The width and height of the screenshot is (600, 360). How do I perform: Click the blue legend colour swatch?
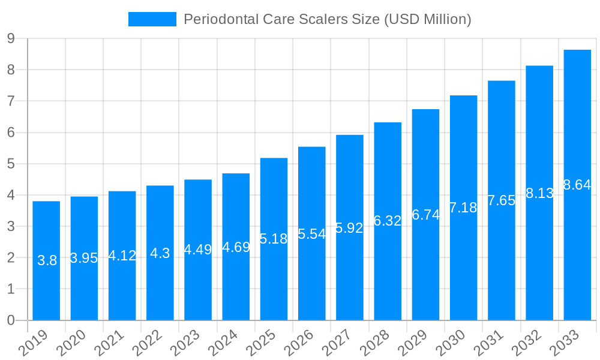click(152, 19)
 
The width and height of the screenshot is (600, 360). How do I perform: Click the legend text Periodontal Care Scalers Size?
click(327, 19)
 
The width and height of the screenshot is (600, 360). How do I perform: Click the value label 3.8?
click(47, 260)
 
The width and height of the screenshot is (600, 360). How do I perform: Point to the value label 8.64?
click(577, 185)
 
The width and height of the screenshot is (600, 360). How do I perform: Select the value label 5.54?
click(311, 234)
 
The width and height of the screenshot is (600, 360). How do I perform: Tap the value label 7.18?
click(463, 208)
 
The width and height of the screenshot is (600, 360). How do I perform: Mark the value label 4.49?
click(197, 250)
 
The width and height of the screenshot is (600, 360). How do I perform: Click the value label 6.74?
click(425, 215)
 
